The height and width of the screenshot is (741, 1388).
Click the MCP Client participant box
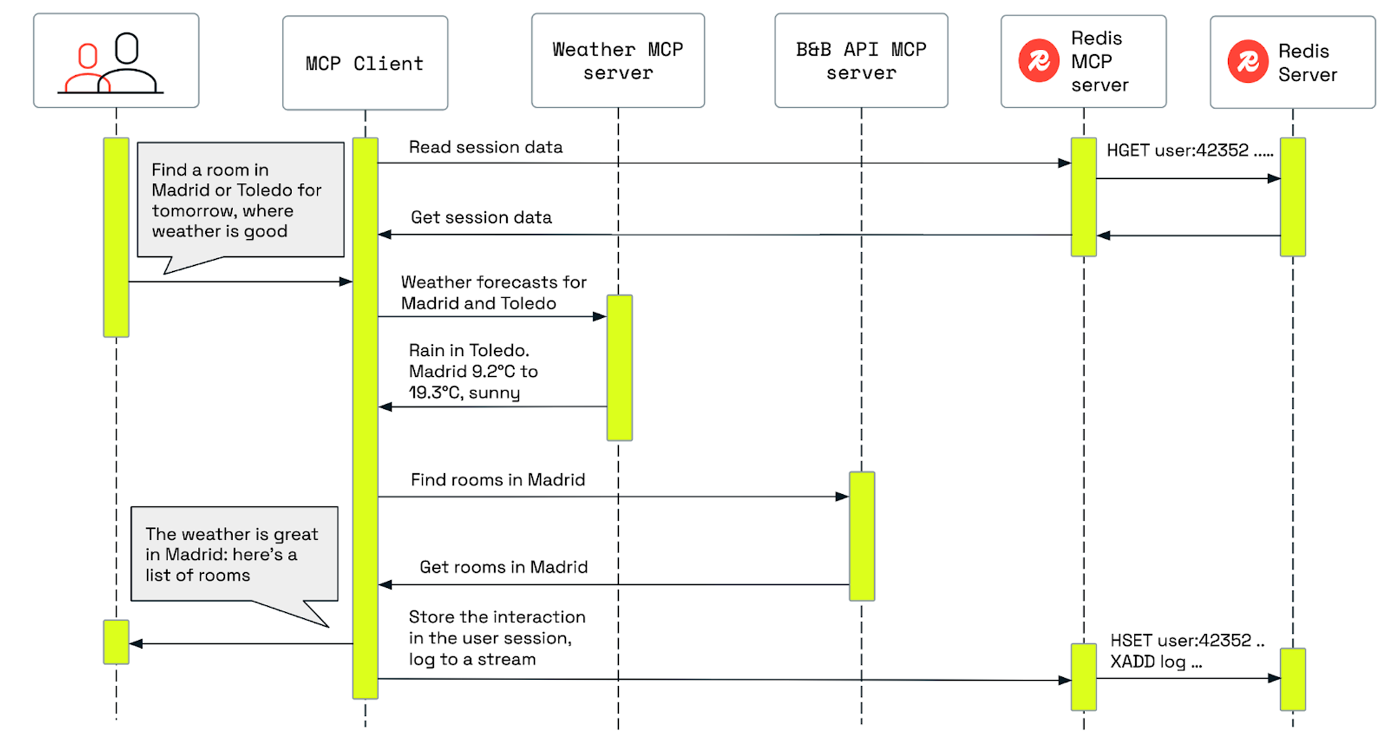pyautogui.click(x=365, y=63)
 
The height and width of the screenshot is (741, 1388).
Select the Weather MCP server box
pyautogui.click(x=617, y=61)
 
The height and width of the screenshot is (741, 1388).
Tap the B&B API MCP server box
pyautogui.click(x=861, y=61)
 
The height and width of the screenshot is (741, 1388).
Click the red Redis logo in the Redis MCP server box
pyautogui.click(x=1038, y=61)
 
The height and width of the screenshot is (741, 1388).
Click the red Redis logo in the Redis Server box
pyautogui.click(x=1247, y=62)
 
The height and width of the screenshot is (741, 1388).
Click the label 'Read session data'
pyautogui.click(x=485, y=147)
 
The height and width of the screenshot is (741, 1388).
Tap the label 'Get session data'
pyautogui.click(x=481, y=218)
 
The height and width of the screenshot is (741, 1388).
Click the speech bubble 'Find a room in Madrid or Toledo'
pyautogui.click(x=240, y=200)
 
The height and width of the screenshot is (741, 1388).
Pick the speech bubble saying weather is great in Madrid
pyautogui.click(x=234, y=554)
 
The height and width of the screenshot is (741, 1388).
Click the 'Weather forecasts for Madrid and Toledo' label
pyautogui.click(x=493, y=292)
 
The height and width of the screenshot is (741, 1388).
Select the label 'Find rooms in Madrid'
pyautogui.click(x=497, y=480)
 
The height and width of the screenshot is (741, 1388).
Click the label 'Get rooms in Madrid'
pyautogui.click(x=503, y=567)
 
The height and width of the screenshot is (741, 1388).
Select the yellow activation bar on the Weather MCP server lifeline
pyautogui.click(x=619, y=367)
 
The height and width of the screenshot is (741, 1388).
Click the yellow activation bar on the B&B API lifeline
pyautogui.click(x=861, y=536)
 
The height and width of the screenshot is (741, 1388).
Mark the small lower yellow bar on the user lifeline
pyautogui.click(x=116, y=641)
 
